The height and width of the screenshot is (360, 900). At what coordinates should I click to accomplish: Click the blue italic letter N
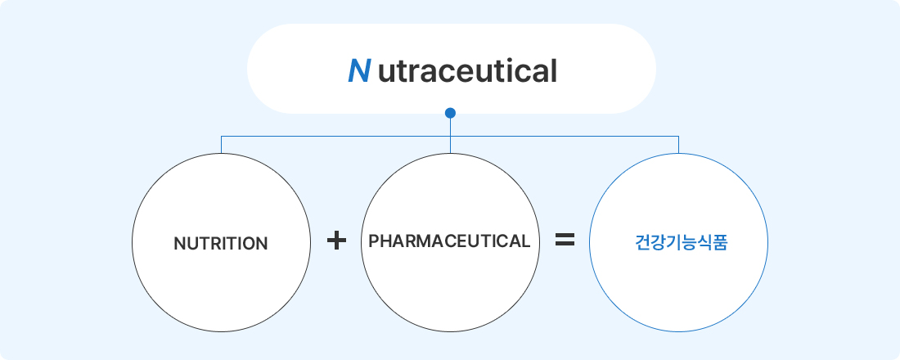pos(359,71)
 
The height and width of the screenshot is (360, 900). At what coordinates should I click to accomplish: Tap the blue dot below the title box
pos(450,113)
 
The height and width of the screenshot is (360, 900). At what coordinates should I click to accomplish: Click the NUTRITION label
pos(220,244)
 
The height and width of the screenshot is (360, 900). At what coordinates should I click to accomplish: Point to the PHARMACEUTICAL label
pos(449,241)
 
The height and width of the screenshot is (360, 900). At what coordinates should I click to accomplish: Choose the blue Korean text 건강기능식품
pos(682,243)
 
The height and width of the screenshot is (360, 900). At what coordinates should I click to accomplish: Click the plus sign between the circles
pos(336,241)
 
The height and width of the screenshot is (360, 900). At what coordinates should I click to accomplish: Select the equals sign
pos(565,240)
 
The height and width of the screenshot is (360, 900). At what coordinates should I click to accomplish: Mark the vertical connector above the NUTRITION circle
pos(221,145)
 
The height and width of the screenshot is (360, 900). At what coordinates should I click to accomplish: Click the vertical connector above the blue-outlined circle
pos(678,145)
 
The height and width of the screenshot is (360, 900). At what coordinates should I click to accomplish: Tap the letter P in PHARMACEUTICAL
pos(374,241)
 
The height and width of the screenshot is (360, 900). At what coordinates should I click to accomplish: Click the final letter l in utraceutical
pos(554,71)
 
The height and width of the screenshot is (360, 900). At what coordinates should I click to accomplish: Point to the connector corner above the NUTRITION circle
pos(221,136)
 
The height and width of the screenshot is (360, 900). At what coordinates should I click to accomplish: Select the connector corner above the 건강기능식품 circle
pos(678,136)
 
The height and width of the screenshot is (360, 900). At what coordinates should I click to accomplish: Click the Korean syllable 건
pos(641,243)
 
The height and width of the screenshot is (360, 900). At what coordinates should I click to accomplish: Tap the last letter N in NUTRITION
pos(262,244)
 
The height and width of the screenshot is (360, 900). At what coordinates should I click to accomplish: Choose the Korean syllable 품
pos(720,243)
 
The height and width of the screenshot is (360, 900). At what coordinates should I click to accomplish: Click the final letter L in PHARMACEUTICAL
pos(525,241)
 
